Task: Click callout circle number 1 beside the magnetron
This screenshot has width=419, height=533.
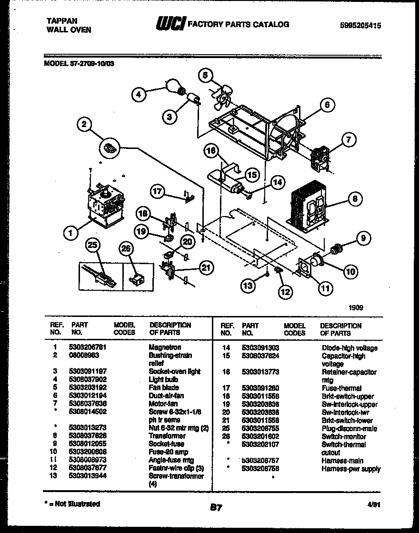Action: pyautogui.click(x=70, y=233)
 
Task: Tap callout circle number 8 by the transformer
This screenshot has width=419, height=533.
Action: pyautogui.click(x=355, y=199)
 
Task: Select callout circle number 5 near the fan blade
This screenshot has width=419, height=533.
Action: pyautogui.click(x=205, y=75)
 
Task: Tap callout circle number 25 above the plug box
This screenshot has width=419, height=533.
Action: pyautogui.click(x=94, y=246)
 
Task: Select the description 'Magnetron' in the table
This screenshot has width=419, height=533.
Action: pyautogui.click(x=165, y=347)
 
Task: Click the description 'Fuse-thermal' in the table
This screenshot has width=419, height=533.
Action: pyautogui.click(x=341, y=388)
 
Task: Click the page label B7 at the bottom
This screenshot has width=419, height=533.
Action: pyautogui.click(x=216, y=508)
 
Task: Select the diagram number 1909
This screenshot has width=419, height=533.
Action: pyautogui.click(x=355, y=307)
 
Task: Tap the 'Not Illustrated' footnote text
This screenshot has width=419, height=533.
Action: pyautogui.click(x=73, y=504)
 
